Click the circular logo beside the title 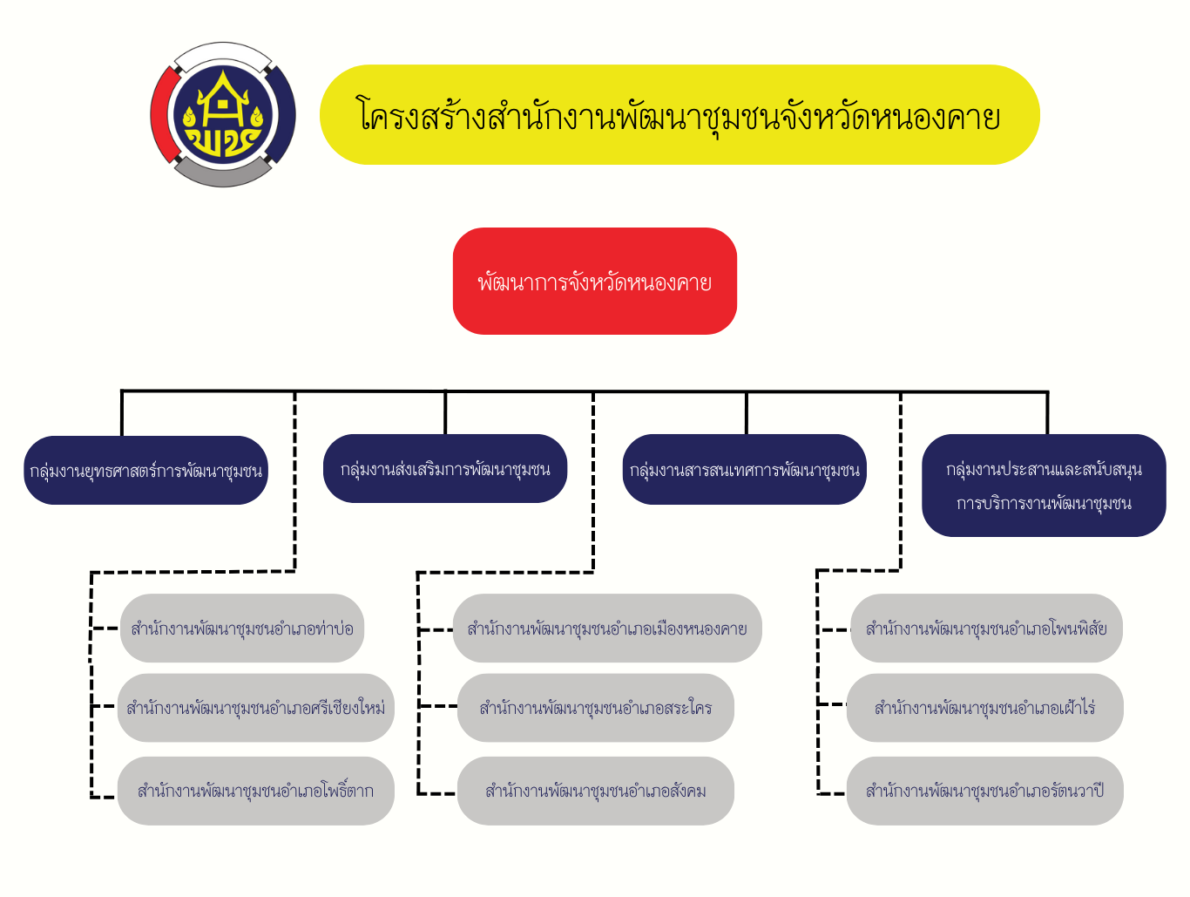coord(223,114)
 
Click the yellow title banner coord(680,115)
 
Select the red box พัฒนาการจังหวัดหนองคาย coord(594,282)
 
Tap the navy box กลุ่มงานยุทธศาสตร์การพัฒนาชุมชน coord(145,471)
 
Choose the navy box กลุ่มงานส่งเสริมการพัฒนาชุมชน coord(445,469)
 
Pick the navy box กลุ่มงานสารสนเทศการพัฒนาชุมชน coord(745,470)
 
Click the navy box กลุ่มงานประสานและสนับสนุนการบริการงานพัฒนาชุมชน coord(1044,486)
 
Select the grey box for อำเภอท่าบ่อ coord(242,629)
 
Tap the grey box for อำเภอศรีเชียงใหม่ coord(256,708)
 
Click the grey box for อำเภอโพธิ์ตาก coord(256,791)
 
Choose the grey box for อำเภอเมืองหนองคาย coord(607,629)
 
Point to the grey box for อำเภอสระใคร coord(596,708)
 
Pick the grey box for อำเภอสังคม coord(596,791)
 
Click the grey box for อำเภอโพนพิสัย coord(986,629)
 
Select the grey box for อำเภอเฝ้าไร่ coord(984,708)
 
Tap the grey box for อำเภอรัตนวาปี coord(984,791)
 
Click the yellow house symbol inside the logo coord(223,100)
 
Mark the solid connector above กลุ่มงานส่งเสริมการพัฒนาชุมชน coord(445,412)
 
